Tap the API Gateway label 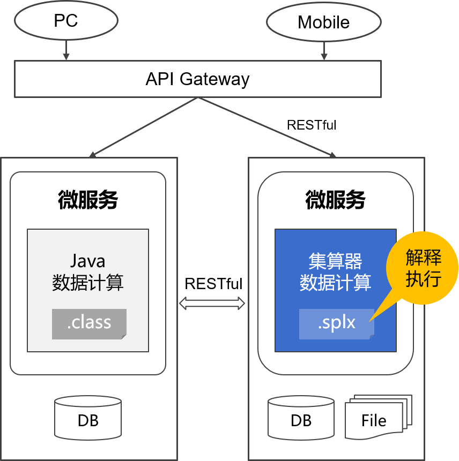[x=197, y=79]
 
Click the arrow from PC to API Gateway [x=66, y=50]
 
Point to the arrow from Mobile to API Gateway [x=324, y=51]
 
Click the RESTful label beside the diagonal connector [x=312, y=125]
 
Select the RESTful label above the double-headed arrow [x=213, y=284]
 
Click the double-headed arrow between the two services [x=212, y=304]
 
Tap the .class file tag [x=89, y=324]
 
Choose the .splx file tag [x=337, y=324]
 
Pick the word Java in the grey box [x=88, y=261]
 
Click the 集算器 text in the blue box [x=335, y=261]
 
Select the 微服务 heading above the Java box [x=88, y=200]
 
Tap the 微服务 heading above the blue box [x=335, y=200]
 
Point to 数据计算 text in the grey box [x=88, y=283]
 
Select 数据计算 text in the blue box [x=335, y=283]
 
